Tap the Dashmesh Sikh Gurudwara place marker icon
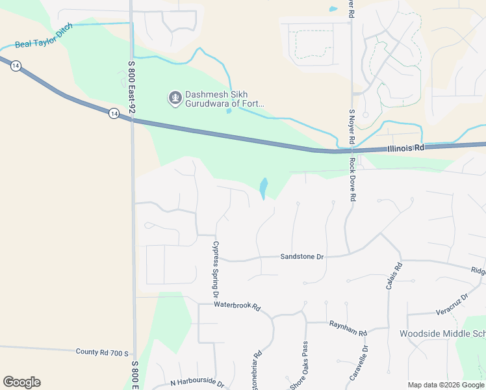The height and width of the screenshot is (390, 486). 174,98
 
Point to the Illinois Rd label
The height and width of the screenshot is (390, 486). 405,148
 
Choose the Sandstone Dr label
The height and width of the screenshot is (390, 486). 301,257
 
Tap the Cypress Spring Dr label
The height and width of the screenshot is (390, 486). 216,270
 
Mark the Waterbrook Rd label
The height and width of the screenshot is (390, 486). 237,305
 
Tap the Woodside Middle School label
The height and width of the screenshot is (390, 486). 442,333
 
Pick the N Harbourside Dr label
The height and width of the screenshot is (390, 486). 197,383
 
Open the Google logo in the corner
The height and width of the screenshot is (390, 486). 21,382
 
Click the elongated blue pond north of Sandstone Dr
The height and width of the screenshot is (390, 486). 263,188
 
